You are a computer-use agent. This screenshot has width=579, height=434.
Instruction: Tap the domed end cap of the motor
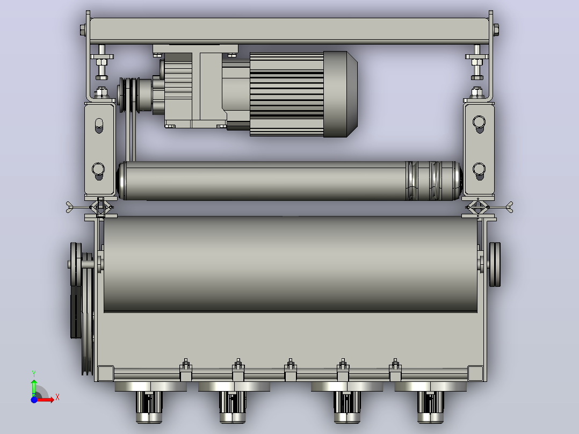(x=340, y=94)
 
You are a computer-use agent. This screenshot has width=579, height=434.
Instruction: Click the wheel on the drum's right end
(x=495, y=264)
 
